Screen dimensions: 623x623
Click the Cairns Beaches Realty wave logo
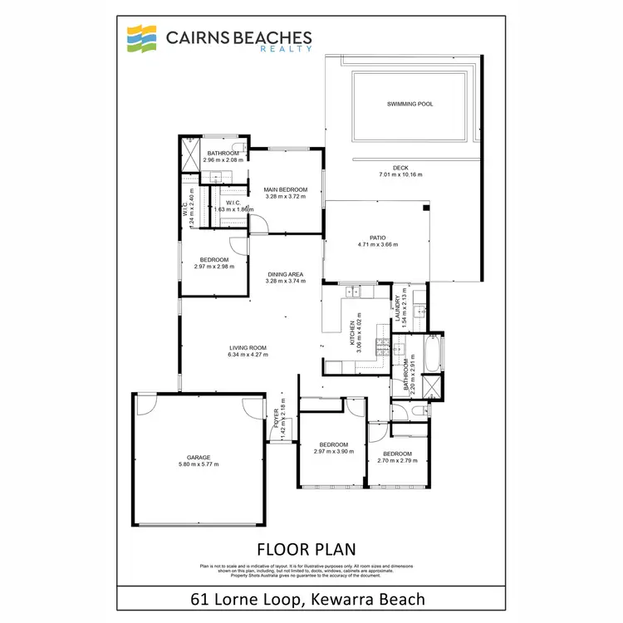(142, 38)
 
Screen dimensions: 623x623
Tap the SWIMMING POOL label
(410, 104)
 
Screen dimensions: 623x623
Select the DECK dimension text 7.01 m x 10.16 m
(401, 175)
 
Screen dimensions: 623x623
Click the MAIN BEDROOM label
(286, 189)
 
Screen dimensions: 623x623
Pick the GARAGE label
(199, 457)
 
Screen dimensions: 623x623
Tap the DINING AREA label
(285, 274)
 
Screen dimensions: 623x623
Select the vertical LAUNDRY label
(399, 307)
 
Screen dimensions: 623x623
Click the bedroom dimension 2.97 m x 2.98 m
(214, 267)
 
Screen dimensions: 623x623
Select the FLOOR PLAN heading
(307, 548)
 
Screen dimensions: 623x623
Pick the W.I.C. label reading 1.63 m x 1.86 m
(233, 209)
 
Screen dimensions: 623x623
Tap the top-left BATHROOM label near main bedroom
(224, 153)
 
